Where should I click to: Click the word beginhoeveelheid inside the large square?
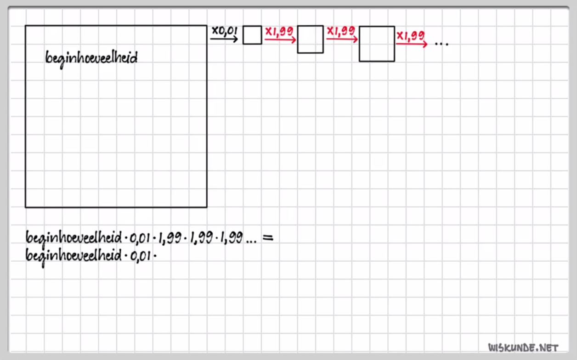click(x=91, y=58)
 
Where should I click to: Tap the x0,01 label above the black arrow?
click(x=224, y=31)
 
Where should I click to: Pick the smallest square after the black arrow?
click(x=252, y=35)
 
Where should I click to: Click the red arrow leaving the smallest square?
click(x=280, y=40)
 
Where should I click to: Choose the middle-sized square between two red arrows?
click(x=310, y=39)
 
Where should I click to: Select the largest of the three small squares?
click(x=377, y=44)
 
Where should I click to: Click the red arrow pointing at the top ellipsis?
click(x=412, y=44)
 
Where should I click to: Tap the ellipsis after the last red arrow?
click(x=441, y=44)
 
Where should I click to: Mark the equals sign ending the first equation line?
click(x=267, y=238)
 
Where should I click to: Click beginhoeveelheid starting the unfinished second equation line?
click(x=74, y=256)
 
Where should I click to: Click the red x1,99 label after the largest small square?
click(x=411, y=35)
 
